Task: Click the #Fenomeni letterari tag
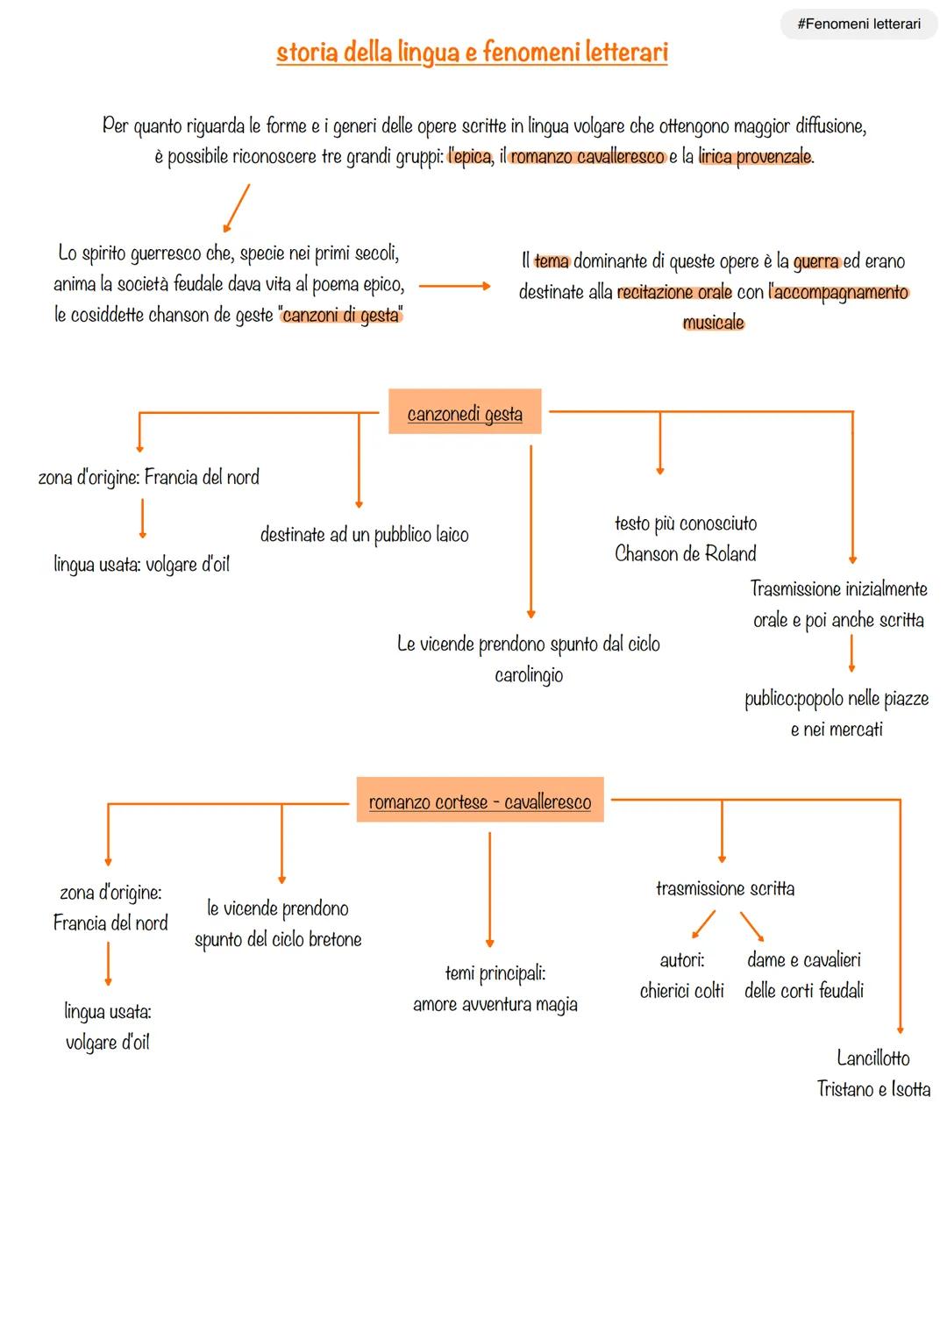(x=858, y=25)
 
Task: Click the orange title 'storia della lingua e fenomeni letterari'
(x=472, y=53)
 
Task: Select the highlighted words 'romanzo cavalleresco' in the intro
(x=587, y=158)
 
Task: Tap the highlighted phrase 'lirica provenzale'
(x=755, y=158)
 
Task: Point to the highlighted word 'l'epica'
(x=469, y=158)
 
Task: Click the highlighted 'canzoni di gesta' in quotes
(x=341, y=316)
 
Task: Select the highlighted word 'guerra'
(x=815, y=261)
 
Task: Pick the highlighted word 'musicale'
(x=713, y=323)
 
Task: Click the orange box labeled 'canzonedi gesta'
(x=465, y=413)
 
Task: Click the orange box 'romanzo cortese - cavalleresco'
(x=480, y=801)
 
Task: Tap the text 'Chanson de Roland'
(x=685, y=554)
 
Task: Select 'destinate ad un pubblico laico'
(x=364, y=535)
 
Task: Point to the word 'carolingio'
(x=529, y=675)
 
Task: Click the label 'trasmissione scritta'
(x=725, y=889)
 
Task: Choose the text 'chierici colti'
(x=681, y=991)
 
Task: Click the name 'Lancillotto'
(x=872, y=1058)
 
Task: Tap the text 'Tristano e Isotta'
(x=873, y=1089)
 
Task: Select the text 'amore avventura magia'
(x=495, y=1005)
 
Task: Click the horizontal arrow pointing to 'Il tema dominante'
(x=454, y=286)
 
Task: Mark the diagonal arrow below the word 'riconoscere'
(x=237, y=208)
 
